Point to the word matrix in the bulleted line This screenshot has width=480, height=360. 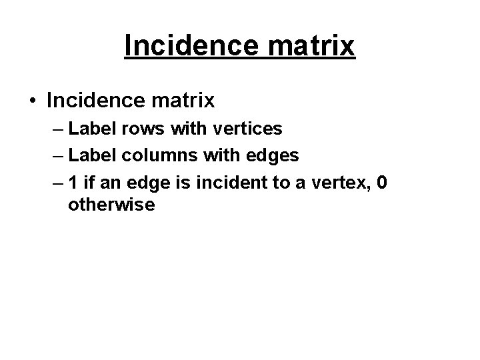pos(184,101)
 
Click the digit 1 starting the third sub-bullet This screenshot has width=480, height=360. pos(73,183)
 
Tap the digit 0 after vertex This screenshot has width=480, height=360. pos(382,183)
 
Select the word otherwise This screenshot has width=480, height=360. pos(111,205)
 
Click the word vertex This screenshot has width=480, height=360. pos(337,183)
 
